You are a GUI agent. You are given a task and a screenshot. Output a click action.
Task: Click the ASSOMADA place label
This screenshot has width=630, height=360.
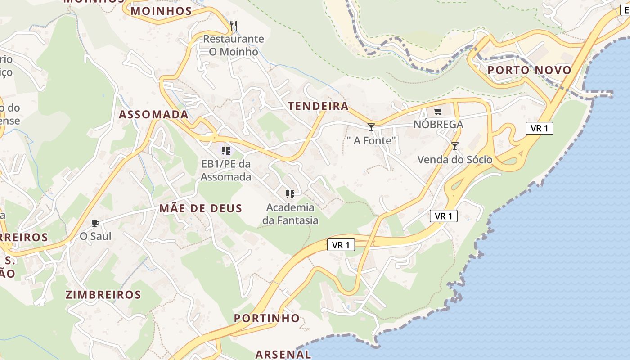click(153, 114)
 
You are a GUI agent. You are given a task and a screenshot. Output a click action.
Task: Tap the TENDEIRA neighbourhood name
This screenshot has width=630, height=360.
click(318, 106)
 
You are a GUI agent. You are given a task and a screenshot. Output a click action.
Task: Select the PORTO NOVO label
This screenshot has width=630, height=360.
click(529, 70)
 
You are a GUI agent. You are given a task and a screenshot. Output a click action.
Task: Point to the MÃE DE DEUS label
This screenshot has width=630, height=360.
click(200, 208)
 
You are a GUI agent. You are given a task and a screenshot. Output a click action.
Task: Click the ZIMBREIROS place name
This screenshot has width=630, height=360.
click(103, 295)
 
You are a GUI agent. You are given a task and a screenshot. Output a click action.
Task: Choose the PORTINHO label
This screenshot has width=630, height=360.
click(266, 318)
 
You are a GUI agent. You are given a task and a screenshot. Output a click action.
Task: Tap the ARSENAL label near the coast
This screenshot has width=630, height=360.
click(283, 354)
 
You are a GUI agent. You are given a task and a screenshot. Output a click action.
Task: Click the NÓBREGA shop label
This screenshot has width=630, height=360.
click(438, 125)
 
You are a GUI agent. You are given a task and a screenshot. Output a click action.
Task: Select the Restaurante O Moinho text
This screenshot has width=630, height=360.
click(234, 45)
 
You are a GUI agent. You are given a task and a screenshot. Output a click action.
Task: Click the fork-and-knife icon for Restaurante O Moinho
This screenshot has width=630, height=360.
click(233, 26)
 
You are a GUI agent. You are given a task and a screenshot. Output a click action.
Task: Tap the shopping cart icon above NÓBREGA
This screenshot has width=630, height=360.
click(438, 111)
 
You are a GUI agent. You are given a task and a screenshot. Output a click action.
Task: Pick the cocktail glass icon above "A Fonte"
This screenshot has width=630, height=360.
click(371, 127)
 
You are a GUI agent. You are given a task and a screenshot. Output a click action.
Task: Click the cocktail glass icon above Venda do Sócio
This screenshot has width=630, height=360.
click(455, 146)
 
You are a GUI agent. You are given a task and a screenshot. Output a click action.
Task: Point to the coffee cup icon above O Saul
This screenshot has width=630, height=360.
click(95, 223)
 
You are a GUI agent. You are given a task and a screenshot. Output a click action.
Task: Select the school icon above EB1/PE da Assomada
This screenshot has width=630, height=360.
click(225, 150)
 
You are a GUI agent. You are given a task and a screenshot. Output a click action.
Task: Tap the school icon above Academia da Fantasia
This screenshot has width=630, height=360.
click(290, 194)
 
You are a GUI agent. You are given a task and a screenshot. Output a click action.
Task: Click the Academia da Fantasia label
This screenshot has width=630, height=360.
click(290, 214)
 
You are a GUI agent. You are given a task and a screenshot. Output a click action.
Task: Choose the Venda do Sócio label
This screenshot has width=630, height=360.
click(455, 160)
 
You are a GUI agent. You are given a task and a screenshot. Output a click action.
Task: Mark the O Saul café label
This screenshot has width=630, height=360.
click(95, 236)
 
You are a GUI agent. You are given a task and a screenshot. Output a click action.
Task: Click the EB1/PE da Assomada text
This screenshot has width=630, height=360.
click(225, 171)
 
